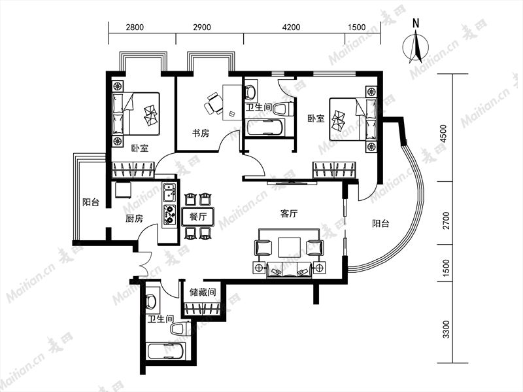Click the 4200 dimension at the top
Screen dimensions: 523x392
point(291,27)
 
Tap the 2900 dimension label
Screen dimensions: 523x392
point(202,27)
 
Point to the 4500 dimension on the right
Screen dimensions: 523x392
point(443,134)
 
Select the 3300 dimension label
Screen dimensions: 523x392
point(446,329)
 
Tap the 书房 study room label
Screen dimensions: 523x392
point(201,134)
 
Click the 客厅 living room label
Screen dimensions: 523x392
point(288,214)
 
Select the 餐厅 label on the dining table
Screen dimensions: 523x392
point(198,217)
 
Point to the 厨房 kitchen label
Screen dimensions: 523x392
point(134,219)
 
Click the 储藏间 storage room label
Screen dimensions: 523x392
point(203,292)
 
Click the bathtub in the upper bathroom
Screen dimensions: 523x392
point(265,128)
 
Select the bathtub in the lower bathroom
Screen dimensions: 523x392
point(165,352)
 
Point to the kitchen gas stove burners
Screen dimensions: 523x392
point(169,215)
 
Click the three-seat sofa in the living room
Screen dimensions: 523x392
point(289,270)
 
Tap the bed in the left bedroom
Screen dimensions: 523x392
point(136,114)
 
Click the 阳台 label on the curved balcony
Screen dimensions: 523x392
point(380,223)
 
